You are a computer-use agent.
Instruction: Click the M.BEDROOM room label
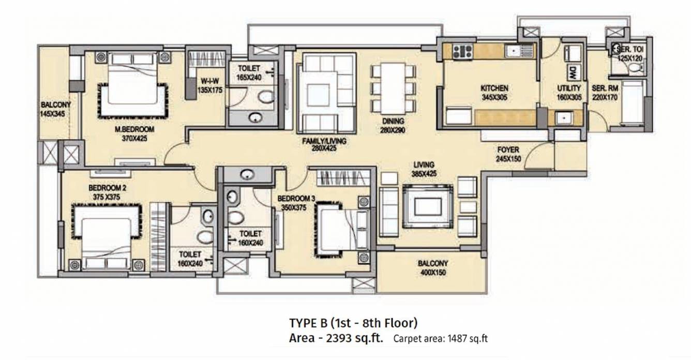(x=134, y=129)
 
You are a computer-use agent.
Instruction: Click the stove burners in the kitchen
(x=462, y=51)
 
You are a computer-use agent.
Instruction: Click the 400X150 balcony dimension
(x=432, y=272)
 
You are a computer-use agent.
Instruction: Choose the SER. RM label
(x=605, y=88)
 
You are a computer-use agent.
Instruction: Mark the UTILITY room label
(x=568, y=88)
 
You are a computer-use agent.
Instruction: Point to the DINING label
(x=393, y=122)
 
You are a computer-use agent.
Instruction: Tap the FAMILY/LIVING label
(x=324, y=140)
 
